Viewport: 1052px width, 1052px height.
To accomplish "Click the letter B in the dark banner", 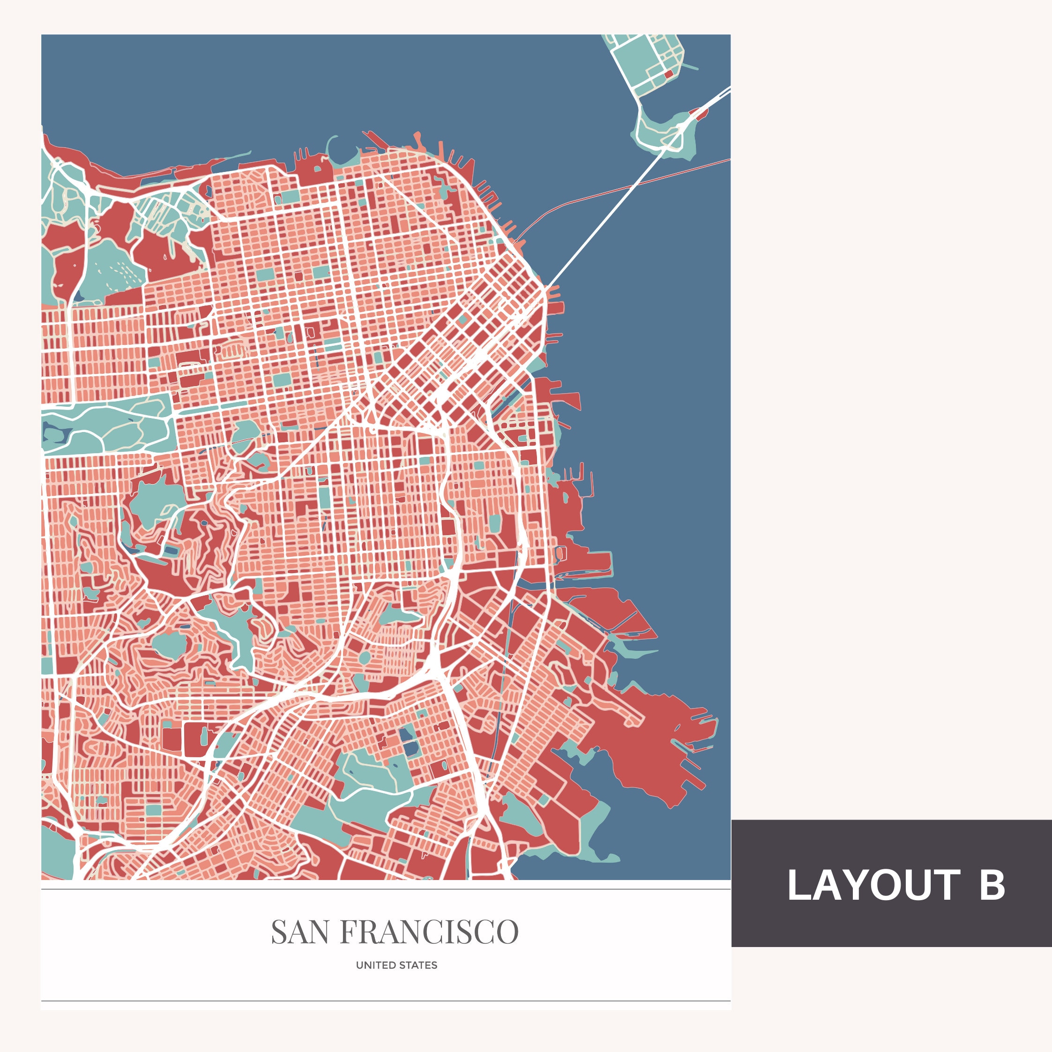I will click(992, 885).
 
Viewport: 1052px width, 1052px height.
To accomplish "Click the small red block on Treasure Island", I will click(669, 74).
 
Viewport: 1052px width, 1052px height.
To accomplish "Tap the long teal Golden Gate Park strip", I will click(109, 430).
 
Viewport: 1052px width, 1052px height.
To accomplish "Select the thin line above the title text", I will click(386, 889).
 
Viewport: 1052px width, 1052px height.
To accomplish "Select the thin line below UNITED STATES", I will click(386, 1000).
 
